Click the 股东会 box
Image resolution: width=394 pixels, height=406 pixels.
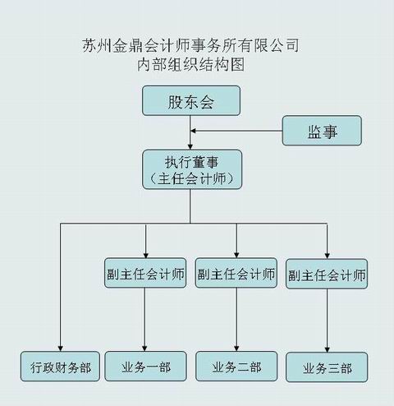[191, 100]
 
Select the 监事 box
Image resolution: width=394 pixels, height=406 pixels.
[322, 131]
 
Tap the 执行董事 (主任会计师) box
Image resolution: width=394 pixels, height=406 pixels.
[192, 169]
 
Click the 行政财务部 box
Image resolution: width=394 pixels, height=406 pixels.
[60, 367]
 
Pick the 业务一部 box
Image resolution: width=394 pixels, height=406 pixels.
[145, 367]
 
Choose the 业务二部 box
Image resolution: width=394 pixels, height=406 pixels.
[236, 367]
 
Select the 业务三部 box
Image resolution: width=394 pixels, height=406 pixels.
[327, 367]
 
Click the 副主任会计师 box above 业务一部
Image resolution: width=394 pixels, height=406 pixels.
[145, 273]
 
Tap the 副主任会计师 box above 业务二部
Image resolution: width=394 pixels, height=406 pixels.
[236, 273]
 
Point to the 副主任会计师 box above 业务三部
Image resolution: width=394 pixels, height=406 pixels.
[327, 274]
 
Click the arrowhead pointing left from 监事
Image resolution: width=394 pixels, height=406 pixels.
[193, 131]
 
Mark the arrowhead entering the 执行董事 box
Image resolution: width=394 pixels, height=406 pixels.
[190, 147]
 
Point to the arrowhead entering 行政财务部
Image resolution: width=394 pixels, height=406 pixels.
[61, 348]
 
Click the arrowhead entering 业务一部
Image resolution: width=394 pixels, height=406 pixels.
[144, 348]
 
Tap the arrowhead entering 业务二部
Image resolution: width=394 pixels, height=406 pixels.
[236, 348]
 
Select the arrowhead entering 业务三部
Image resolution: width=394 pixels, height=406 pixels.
[327, 349]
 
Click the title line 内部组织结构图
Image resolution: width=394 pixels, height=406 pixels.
[190, 65]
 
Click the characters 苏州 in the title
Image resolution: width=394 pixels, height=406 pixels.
[97, 45]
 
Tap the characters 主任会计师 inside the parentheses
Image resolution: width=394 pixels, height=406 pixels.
[192, 179]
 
